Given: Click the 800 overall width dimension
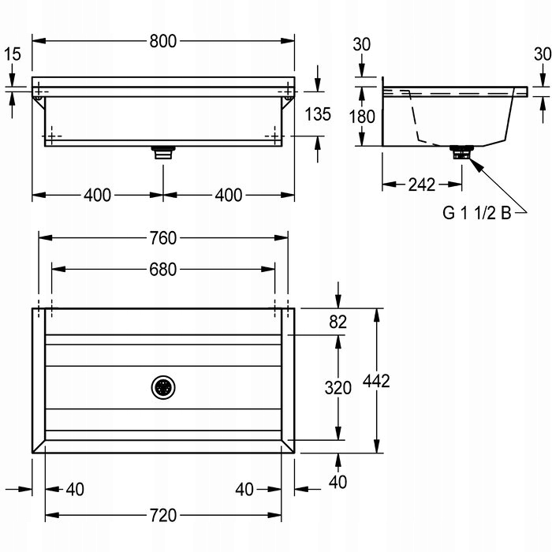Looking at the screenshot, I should click(164, 39).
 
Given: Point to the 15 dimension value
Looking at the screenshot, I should click(12, 54).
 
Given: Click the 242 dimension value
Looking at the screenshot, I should click(423, 185).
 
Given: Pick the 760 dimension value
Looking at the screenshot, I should click(163, 236).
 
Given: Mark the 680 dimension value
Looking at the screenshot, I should click(163, 269).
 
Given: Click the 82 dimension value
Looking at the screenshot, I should click(338, 320).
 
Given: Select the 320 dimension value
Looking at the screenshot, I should click(338, 387).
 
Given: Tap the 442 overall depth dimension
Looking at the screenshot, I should click(376, 381).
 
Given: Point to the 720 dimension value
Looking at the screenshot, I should click(163, 515).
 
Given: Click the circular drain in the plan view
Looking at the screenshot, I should click(163, 386).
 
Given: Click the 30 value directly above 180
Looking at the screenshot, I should click(362, 44).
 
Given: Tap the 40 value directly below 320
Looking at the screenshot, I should click(338, 481).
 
